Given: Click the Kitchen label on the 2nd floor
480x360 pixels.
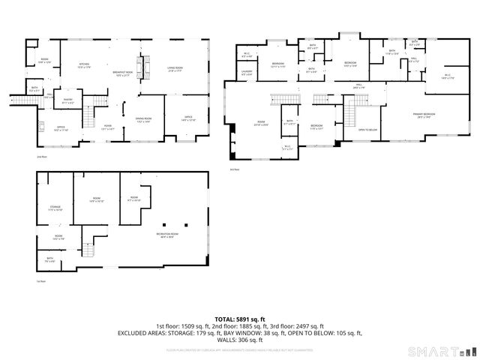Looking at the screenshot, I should coord(85,66).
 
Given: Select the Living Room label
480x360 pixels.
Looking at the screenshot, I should coord(175,70).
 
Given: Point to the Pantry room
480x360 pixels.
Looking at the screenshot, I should coord(67,101).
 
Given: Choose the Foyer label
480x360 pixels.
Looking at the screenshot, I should coord(108,127).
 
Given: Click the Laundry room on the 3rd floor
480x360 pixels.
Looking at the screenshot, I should coord(247,73).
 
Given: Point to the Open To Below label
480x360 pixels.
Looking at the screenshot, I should coord(367,130).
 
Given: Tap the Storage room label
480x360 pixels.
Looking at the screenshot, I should coord(55,207).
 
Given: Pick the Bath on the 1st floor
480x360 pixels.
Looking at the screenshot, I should coord(49,260).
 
